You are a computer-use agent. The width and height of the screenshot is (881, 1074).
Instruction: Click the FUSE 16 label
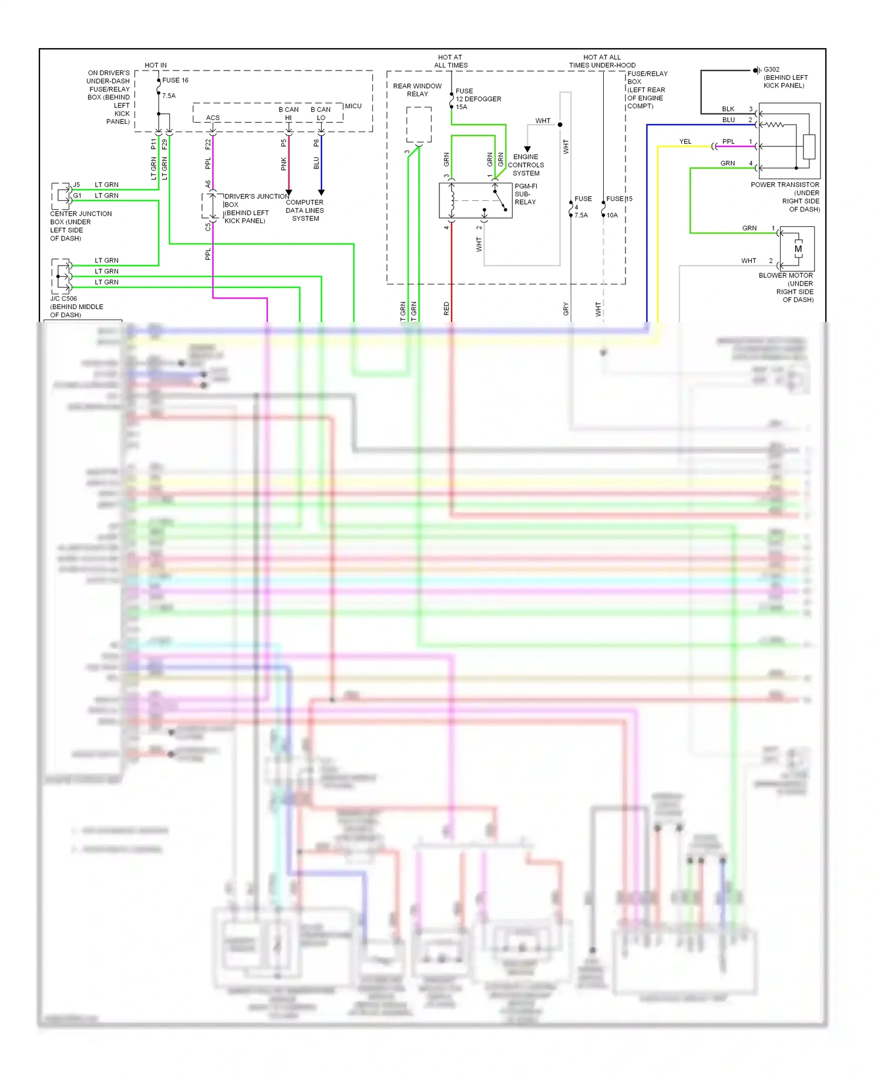pyautogui.click(x=175, y=80)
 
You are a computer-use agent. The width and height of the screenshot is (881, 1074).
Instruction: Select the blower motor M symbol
pyautogui.click(x=798, y=249)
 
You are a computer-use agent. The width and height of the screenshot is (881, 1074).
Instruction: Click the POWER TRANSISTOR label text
pyautogui.click(x=785, y=185)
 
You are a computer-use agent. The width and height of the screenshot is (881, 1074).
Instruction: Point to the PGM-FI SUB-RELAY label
pyautogui.click(x=525, y=194)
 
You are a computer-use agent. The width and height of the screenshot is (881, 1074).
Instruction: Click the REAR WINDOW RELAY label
pyautogui.click(x=417, y=90)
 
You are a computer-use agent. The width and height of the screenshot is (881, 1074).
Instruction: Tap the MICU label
pyautogui.click(x=353, y=106)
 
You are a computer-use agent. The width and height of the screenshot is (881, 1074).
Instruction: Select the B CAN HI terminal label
pyautogui.click(x=288, y=113)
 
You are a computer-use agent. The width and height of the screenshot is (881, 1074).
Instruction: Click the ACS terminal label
pyautogui.click(x=213, y=118)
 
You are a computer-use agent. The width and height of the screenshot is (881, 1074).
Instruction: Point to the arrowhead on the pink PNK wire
pyautogui.click(x=288, y=192)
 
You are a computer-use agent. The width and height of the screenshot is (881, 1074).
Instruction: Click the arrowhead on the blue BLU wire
pyautogui.click(x=321, y=192)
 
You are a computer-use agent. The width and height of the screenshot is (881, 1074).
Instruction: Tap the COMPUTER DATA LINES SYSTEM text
pyautogui.click(x=305, y=210)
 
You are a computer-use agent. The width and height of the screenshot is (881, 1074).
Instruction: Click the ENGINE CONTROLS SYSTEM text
pyautogui.click(x=526, y=165)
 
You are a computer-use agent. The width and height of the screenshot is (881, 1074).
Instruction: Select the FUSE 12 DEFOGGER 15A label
pyautogui.click(x=478, y=99)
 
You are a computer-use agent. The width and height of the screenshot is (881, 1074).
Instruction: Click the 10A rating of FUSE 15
pyautogui.click(x=612, y=216)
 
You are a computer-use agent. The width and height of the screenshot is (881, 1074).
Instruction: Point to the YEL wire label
pyautogui.click(x=685, y=142)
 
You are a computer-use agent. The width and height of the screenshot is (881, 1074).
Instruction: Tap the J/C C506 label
pyautogui.click(x=63, y=298)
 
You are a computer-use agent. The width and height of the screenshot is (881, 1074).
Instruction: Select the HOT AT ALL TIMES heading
pyautogui.click(x=450, y=61)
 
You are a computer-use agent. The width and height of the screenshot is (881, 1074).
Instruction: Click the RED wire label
pyautogui.click(x=446, y=308)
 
